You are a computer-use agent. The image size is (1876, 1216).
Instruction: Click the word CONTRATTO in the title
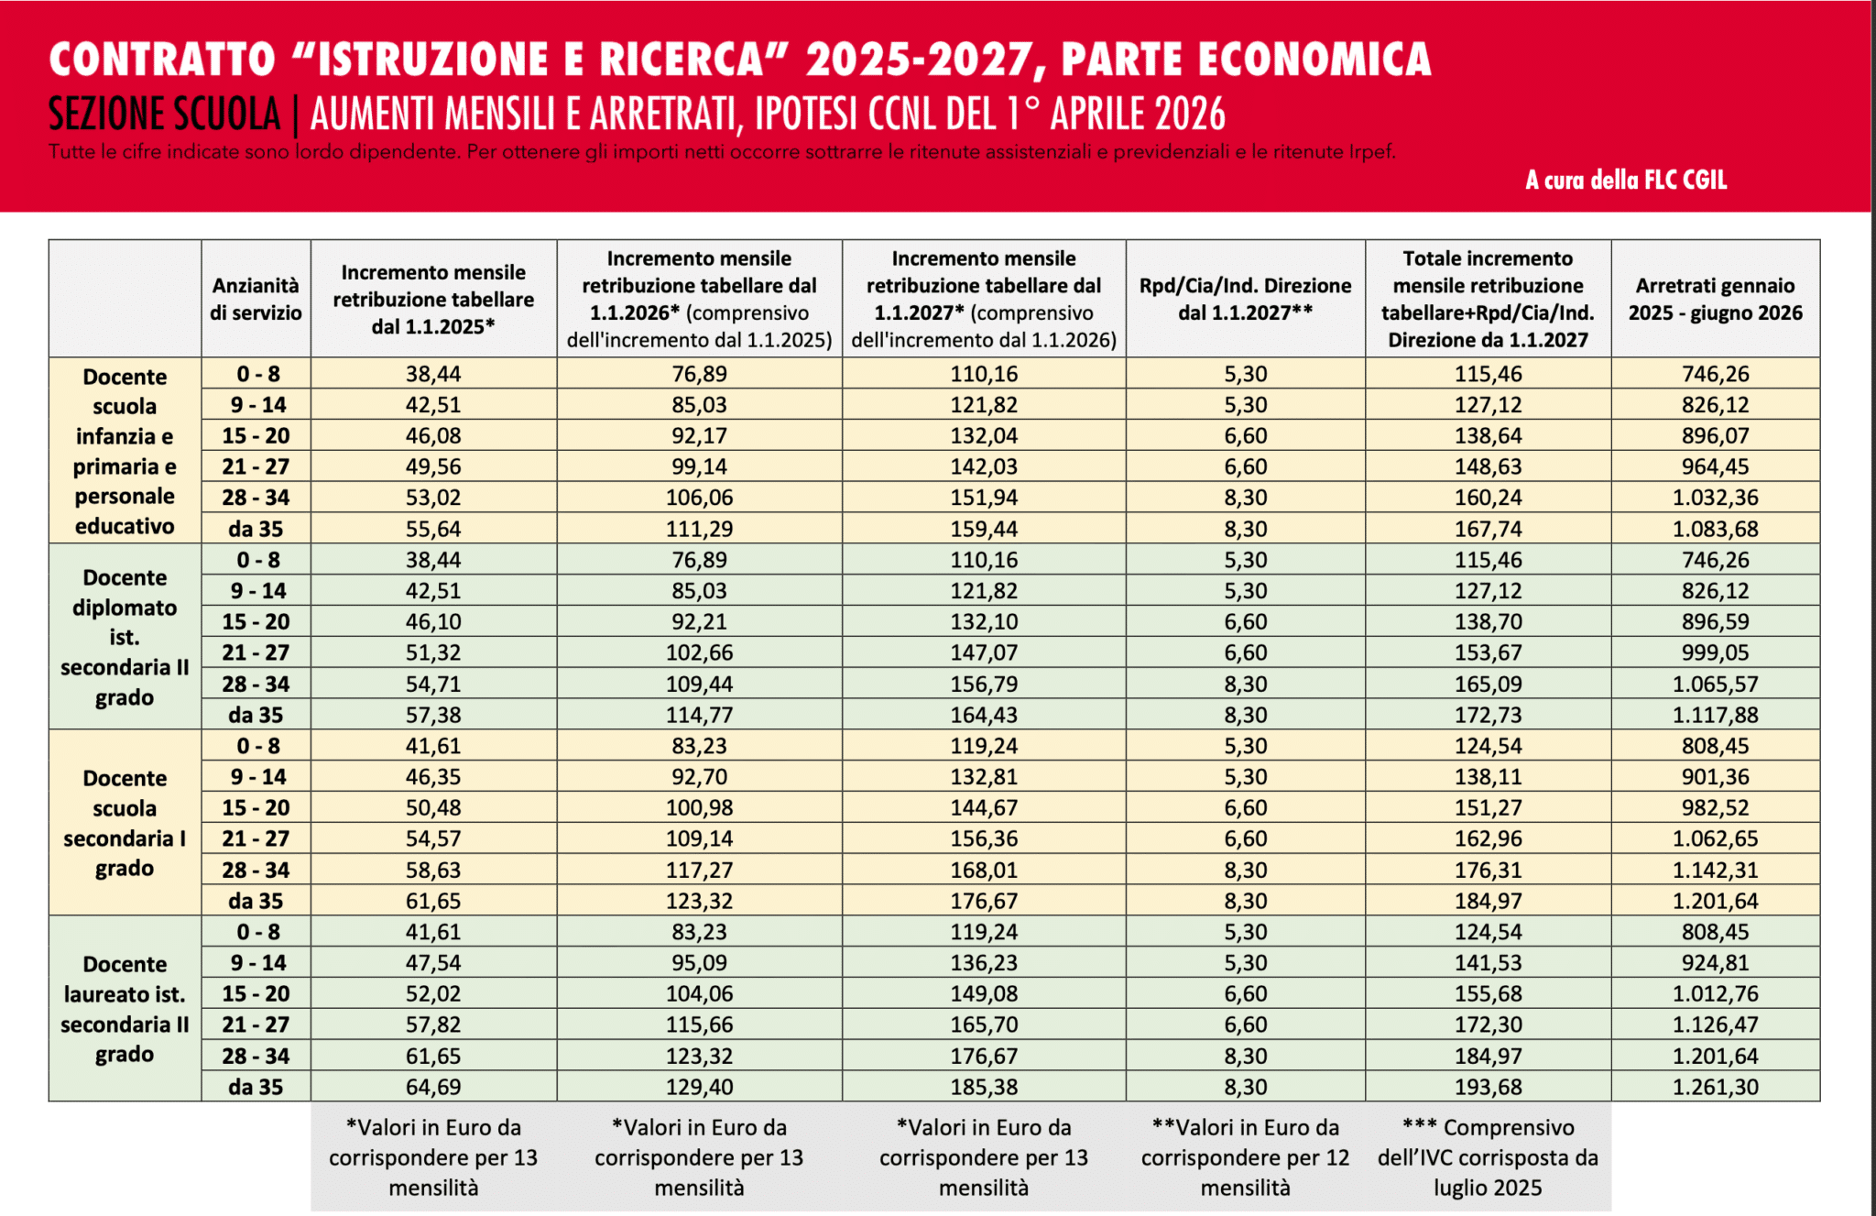162,60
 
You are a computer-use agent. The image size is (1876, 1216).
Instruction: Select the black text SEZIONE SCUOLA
164,115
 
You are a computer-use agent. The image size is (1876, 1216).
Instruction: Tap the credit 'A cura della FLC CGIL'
1626,180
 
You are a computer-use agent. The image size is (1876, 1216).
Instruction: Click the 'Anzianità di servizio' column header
256,299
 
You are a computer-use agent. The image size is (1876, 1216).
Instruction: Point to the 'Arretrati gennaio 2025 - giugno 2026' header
1715,299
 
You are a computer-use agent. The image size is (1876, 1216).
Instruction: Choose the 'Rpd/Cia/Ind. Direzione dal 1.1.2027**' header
1245,299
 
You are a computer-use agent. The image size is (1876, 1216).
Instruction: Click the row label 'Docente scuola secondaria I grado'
125,822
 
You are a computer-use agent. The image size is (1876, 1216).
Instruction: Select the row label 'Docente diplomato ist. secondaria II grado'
125,637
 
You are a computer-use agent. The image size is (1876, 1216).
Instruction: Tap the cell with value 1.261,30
1715,1087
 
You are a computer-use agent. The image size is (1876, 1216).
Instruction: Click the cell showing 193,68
1488,1087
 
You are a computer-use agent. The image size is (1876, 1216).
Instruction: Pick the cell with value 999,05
1715,652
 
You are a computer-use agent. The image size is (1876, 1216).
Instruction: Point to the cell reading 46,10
433,621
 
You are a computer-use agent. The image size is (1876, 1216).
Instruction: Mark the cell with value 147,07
984,652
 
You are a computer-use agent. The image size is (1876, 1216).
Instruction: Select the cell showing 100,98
699,807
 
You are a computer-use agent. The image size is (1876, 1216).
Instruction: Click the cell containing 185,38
984,1087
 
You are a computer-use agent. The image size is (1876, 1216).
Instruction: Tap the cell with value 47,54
433,962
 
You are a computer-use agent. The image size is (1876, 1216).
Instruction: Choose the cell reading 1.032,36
1715,498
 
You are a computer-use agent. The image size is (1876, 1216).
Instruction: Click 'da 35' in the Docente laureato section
256,1087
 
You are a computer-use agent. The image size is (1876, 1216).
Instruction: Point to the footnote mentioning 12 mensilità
1245,1157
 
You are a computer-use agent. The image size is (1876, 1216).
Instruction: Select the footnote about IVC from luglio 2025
1488,1157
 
